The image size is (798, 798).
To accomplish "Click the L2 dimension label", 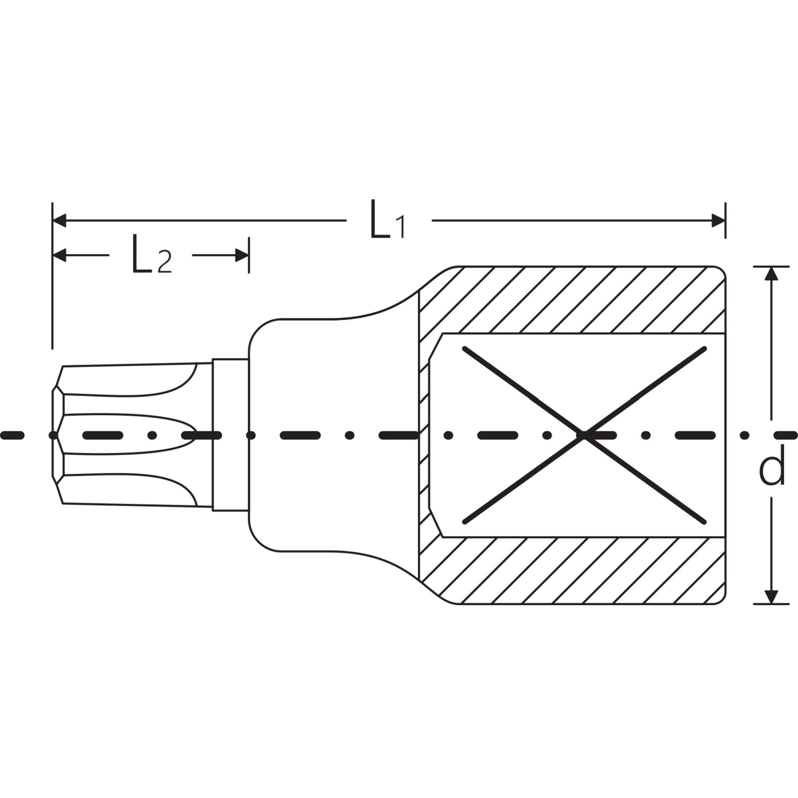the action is [x=151, y=254].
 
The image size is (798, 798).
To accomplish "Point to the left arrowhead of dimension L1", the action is [x=59, y=221].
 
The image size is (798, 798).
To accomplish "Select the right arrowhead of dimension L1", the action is [x=718, y=221].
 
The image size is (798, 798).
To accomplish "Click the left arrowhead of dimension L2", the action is [x=59, y=255].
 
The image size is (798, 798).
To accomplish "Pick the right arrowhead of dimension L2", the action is [x=242, y=255].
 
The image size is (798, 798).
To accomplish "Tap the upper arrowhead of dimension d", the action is [x=771, y=273].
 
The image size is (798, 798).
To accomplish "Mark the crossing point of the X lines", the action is [x=584, y=435].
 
